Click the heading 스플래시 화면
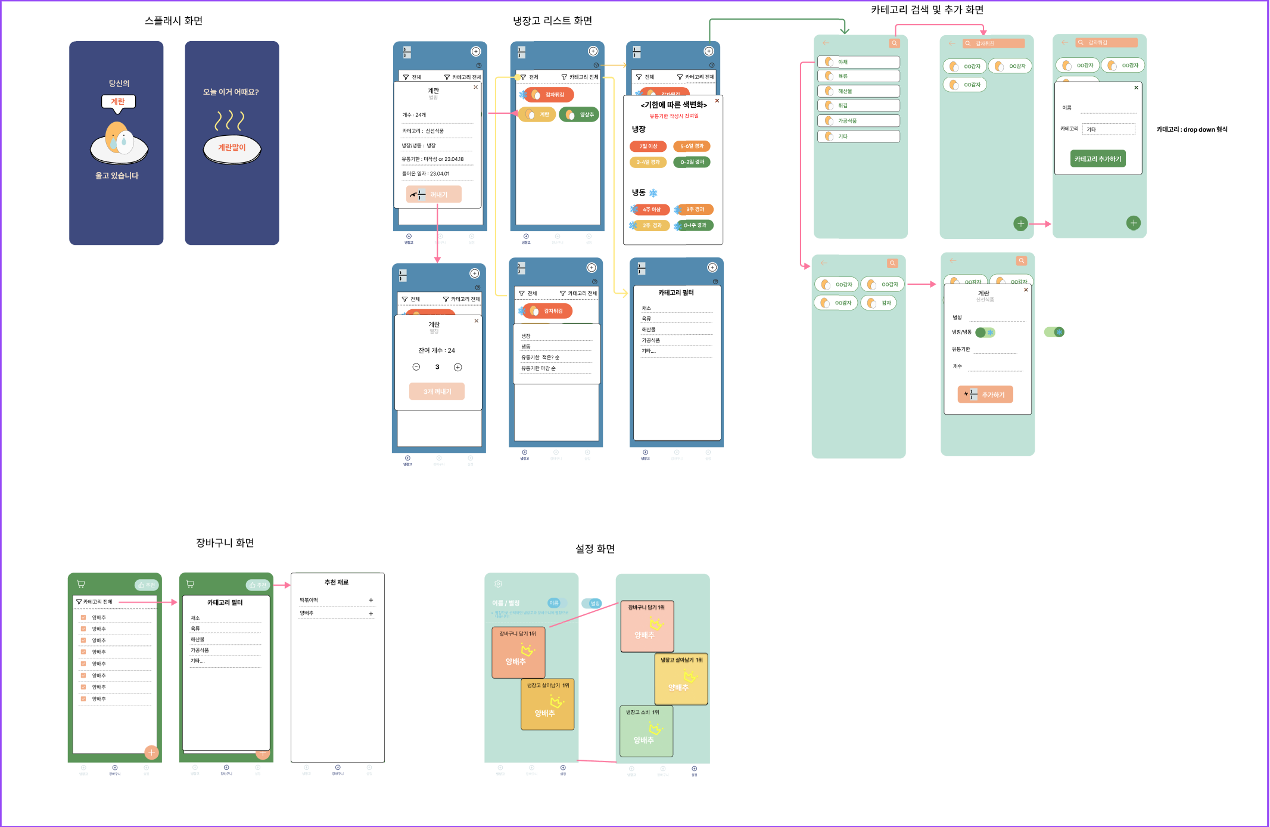point(173,21)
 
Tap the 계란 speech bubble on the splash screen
point(118,101)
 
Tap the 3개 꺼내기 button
point(437,391)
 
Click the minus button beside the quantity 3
point(416,367)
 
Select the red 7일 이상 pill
point(648,146)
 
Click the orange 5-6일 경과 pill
point(692,146)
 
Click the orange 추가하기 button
point(985,394)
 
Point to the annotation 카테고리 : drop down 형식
point(1191,129)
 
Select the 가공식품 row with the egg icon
point(858,121)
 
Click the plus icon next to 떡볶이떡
point(371,600)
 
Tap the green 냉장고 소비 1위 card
point(646,731)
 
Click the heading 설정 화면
point(594,549)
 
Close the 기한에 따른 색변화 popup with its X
point(717,101)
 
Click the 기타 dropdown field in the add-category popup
point(1108,129)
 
